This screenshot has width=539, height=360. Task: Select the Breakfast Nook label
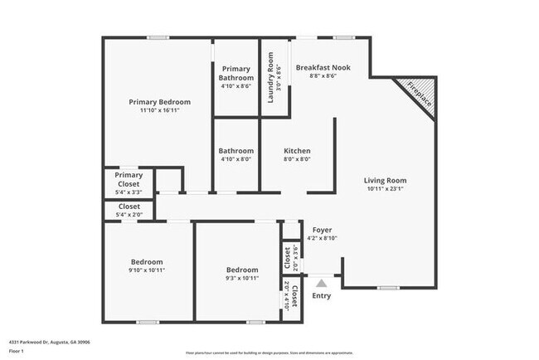323,66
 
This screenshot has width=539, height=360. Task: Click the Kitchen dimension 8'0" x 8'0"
297,159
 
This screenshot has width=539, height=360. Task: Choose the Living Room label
386,180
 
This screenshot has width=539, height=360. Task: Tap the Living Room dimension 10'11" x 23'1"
386,188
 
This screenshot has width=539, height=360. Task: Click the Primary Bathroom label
237,73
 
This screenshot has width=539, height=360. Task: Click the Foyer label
322,230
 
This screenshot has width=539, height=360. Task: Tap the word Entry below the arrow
321,295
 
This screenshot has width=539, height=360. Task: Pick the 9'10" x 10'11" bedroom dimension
145,270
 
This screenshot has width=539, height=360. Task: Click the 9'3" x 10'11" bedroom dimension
241,279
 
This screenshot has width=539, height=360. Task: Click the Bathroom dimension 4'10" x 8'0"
236,159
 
